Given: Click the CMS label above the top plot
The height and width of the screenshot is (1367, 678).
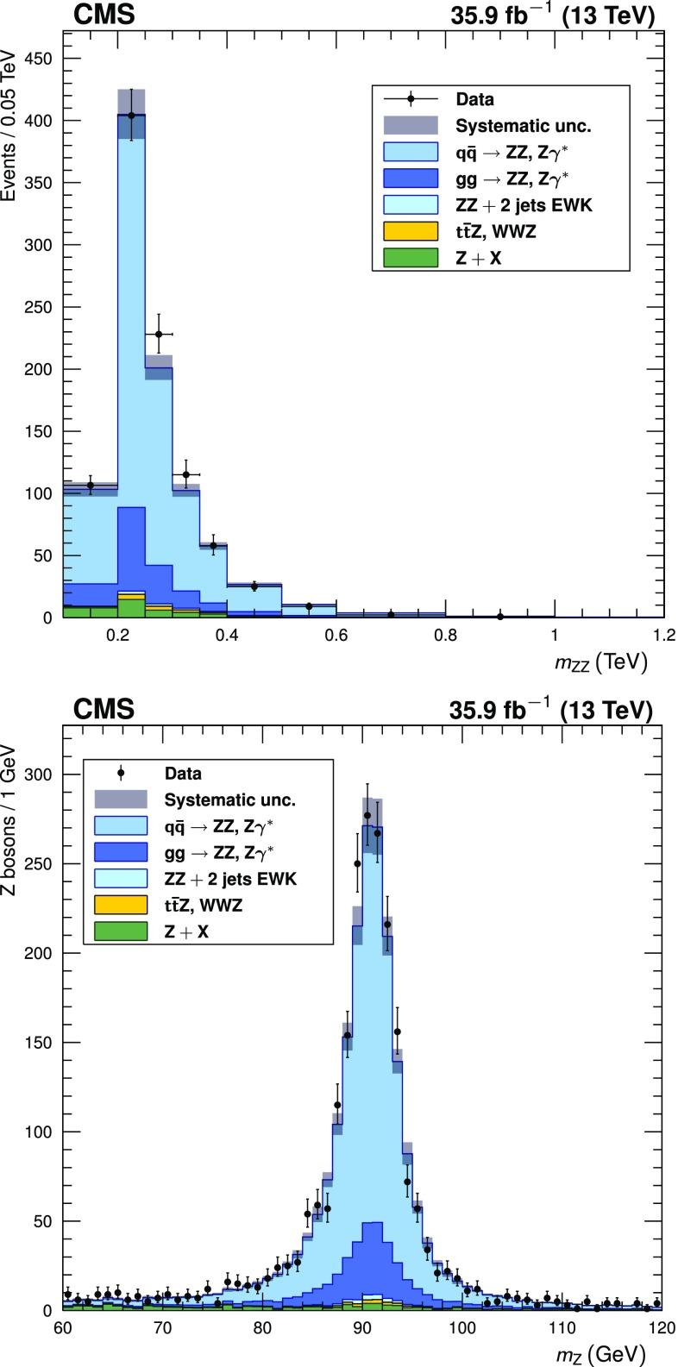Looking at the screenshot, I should click(103, 16).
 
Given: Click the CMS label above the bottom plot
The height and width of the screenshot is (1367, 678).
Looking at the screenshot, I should click(103, 710).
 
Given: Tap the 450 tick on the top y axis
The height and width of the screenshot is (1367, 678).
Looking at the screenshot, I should click(38, 59).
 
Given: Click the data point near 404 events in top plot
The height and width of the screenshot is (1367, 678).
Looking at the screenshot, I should click(131, 115).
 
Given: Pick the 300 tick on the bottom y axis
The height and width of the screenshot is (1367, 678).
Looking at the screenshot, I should click(38, 774).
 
